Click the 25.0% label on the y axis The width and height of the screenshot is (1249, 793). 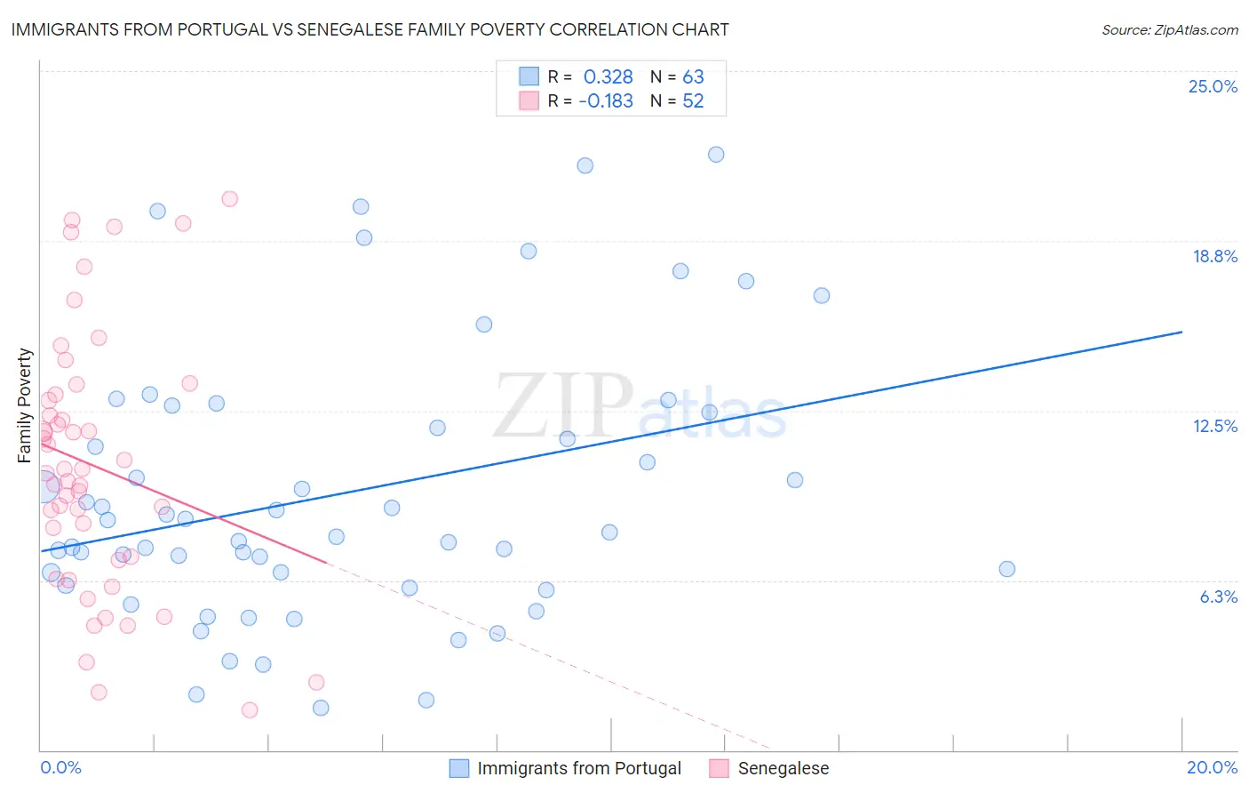click(1213, 86)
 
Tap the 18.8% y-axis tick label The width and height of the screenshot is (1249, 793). click(1214, 256)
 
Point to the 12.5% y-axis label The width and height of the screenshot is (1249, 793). click(1214, 426)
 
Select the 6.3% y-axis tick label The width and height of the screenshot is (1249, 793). click(1218, 597)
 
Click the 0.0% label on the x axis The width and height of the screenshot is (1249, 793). click(60, 767)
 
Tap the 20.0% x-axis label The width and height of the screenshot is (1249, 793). click(1212, 767)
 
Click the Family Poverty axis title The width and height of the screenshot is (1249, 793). click(25, 405)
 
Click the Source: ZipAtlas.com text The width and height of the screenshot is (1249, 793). click(1169, 29)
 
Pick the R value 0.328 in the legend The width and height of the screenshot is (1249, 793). click(608, 76)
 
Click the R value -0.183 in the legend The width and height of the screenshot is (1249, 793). click(605, 100)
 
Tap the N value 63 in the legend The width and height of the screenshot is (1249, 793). click(693, 76)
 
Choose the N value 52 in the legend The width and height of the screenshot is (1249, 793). click(693, 100)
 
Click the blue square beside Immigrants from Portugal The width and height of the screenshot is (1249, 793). click(459, 768)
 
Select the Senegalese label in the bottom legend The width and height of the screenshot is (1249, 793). click(783, 768)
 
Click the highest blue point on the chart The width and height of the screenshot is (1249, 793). click(716, 155)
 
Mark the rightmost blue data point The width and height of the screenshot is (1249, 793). click(1006, 569)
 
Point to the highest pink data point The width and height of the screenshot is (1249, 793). click(229, 199)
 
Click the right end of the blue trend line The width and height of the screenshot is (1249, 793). click(1181, 332)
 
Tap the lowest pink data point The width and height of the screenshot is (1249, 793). click(250, 709)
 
